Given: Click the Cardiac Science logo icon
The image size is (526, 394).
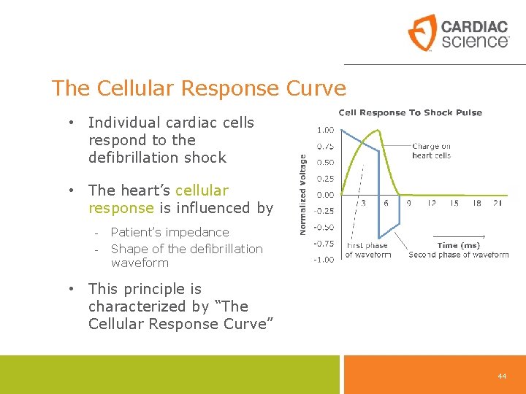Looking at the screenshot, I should click(x=422, y=33).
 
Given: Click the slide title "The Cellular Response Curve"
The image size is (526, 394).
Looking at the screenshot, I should click(x=199, y=88).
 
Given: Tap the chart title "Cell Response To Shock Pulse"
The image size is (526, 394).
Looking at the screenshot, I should click(x=410, y=112).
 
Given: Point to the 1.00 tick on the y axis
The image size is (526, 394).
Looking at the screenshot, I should click(x=325, y=130).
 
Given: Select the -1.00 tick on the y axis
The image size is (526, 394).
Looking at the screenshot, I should click(x=324, y=259).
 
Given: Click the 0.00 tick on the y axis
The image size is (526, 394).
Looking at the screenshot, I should click(x=325, y=195).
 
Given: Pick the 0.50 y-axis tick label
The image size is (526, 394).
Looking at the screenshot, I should click(x=325, y=162).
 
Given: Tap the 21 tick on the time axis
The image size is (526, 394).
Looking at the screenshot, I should click(x=497, y=203).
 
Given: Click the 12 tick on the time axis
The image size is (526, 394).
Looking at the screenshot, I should click(x=432, y=203).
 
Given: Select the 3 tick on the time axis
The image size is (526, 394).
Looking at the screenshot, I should click(x=363, y=203).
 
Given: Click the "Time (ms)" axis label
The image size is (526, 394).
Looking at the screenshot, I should click(x=458, y=246).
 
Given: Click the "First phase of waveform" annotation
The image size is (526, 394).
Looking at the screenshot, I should click(x=367, y=250).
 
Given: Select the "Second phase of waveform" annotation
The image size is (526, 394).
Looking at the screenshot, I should click(x=458, y=255).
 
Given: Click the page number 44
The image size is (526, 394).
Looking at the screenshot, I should click(x=502, y=376).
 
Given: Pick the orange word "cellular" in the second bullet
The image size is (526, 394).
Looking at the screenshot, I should click(x=202, y=190).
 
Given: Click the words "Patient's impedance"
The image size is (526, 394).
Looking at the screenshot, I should click(x=169, y=232).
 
